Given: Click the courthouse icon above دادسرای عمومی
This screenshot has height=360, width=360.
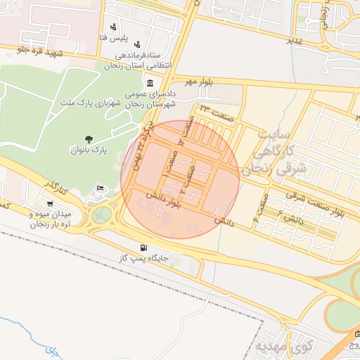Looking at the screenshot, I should click(150, 84).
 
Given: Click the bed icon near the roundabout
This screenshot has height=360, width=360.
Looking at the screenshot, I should click(100, 188).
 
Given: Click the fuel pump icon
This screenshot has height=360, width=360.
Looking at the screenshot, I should click(144, 247).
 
